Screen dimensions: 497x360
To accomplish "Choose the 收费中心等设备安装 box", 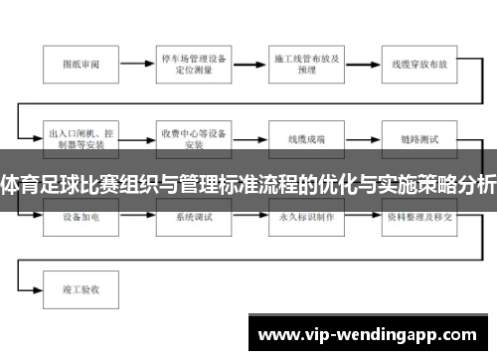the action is [194, 137].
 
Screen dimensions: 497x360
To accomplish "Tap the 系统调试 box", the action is [194, 215].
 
